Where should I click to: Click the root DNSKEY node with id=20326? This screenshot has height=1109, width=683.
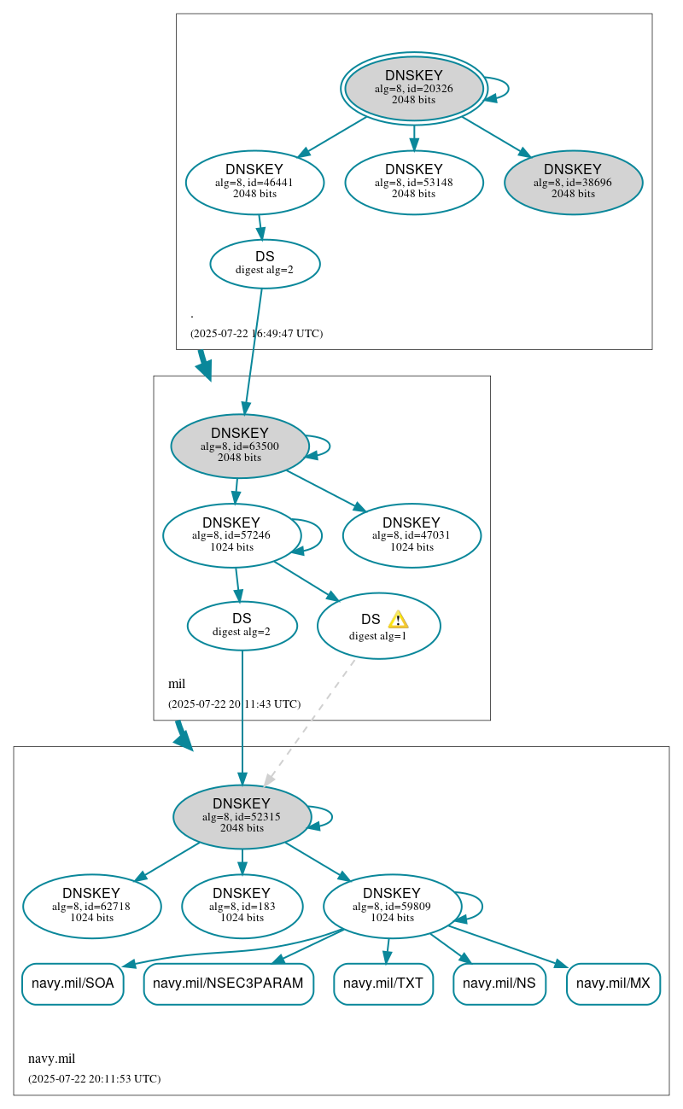414,88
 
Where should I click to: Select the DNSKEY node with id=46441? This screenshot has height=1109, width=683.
254,182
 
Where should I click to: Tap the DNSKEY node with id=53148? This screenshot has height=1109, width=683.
414,182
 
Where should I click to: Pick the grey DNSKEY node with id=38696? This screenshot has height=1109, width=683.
573,182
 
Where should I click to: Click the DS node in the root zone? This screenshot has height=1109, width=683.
265,264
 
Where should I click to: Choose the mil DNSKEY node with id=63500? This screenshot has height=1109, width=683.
240,446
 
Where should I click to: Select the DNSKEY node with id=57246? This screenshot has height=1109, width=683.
231,535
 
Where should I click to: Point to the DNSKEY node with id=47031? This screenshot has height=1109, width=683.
412,535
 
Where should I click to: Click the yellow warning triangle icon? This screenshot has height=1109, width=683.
398,620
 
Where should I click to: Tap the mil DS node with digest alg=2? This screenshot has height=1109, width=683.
242,625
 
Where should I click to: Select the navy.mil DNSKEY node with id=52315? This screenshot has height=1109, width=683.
242,816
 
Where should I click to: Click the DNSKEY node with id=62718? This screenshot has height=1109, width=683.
91,906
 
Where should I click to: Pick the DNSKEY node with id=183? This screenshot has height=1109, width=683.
242,906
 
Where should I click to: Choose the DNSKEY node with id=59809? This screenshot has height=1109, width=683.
392,906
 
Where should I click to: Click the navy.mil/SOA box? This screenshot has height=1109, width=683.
73,984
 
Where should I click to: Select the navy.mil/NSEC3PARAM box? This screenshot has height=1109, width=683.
228,984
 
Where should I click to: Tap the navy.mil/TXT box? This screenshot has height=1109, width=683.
383,984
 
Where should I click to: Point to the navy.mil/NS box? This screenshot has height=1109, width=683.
499,984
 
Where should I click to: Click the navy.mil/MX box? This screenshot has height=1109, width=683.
613,984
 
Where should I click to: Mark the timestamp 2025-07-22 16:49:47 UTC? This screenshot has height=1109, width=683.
256,334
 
